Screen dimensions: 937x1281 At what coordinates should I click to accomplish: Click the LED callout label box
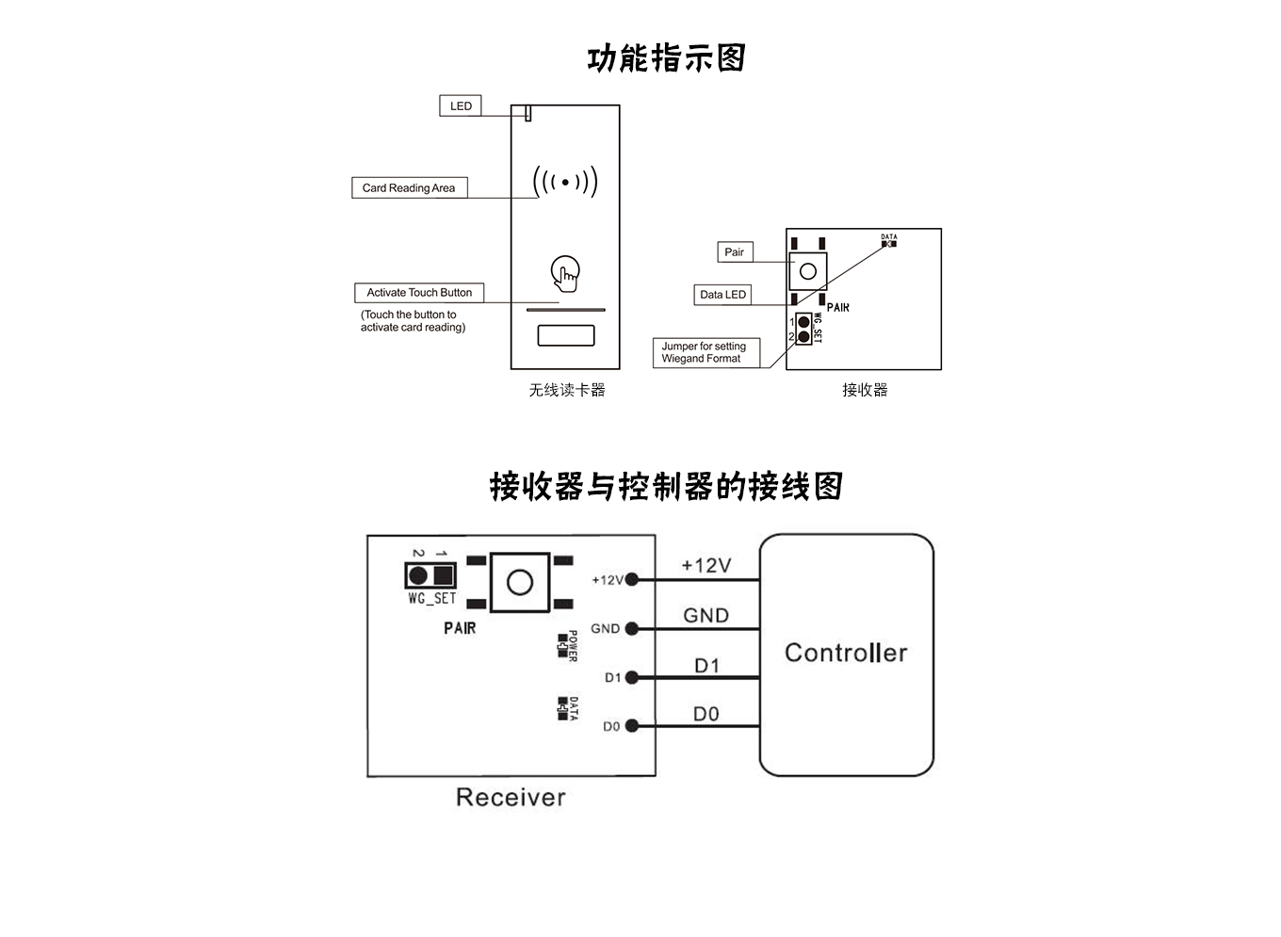(461, 105)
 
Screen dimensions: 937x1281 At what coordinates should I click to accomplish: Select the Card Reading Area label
(409, 188)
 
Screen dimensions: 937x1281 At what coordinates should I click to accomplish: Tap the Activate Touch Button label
(419, 293)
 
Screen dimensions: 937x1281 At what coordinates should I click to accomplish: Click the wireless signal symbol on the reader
(565, 182)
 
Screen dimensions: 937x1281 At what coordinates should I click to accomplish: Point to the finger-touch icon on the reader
(565, 273)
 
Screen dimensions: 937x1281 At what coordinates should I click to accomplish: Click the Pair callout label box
(734, 252)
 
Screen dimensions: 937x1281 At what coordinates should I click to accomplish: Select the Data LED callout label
(722, 295)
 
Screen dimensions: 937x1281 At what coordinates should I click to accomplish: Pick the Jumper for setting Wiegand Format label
(705, 352)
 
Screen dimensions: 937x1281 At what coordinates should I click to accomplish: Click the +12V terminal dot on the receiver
(632, 579)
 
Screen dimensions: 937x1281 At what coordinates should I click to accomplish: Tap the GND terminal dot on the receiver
(632, 628)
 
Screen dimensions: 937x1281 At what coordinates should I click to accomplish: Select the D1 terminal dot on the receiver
(632, 677)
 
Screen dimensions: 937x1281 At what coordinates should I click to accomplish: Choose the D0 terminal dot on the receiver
(632, 726)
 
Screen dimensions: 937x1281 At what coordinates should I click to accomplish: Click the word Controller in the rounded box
(846, 653)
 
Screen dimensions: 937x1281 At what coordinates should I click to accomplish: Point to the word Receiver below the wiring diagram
(511, 798)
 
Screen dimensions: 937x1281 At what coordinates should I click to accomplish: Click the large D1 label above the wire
(706, 666)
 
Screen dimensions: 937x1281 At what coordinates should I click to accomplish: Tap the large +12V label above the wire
(706, 565)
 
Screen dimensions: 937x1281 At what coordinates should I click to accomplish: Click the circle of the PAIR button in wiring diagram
(520, 583)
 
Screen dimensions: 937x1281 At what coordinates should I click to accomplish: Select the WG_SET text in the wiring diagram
(431, 599)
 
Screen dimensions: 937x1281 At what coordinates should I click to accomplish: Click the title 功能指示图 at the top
(666, 58)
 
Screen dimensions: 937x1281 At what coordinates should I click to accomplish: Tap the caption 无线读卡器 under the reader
(567, 390)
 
